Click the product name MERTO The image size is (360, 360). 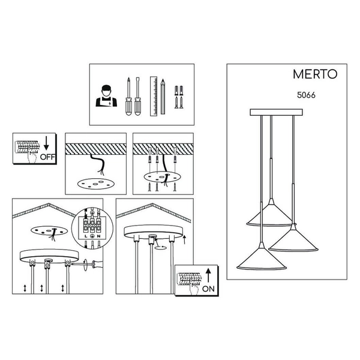click(x=315, y=74)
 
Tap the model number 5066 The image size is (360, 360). click(x=306, y=95)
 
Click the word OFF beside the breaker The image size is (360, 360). click(x=48, y=157)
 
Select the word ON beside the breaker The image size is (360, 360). click(x=208, y=289)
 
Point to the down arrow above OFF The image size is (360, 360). click(x=46, y=143)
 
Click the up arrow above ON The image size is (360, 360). click(x=208, y=275)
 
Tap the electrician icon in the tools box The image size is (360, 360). click(x=106, y=96)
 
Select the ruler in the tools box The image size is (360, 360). click(x=154, y=96)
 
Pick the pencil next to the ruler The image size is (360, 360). click(x=163, y=97)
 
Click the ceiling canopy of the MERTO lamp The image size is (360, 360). click(x=276, y=112)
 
